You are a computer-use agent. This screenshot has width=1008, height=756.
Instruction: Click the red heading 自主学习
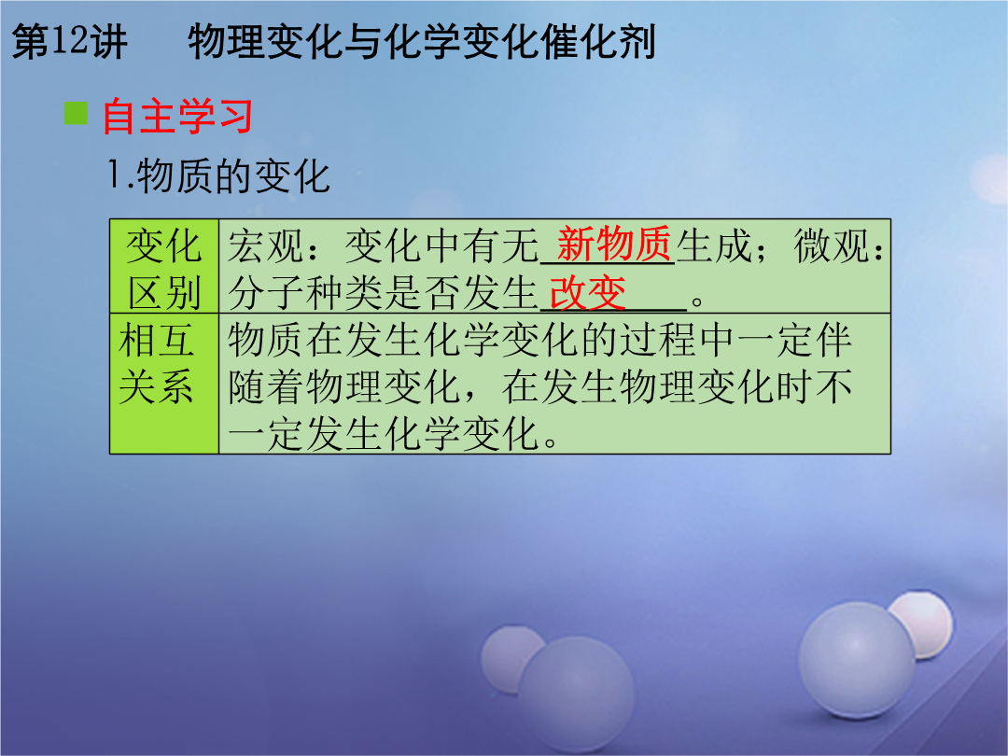tap(177, 116)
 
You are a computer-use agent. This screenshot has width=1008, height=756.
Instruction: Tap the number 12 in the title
tap(68, 40)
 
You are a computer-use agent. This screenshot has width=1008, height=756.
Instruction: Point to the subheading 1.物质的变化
tap(218, 176)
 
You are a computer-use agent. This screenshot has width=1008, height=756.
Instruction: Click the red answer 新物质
tap(614, 245)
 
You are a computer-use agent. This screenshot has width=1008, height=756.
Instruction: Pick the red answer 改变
tap(588, 293)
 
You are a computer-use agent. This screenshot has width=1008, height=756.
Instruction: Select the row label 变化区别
tap(164, 269)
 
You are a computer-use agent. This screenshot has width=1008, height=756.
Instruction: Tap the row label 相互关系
tap(156, 364)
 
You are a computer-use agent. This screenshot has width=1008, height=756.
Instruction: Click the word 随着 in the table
tap(265, 387)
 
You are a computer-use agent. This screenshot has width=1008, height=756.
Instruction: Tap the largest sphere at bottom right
tap(857, 660)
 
